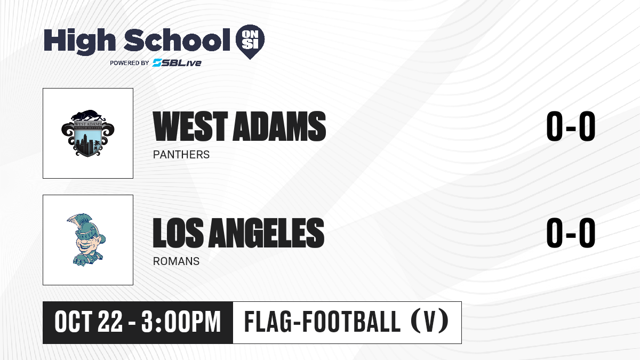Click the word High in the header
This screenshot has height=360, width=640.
79,42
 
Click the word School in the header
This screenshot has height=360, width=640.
177,40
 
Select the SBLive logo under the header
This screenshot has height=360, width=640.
177,62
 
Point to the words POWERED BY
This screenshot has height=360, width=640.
130,63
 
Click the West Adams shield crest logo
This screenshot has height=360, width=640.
87,133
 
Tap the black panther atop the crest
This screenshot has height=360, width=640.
87,115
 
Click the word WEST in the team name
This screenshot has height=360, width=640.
190,126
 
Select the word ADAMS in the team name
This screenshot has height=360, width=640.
279,126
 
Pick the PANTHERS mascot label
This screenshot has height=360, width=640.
181,155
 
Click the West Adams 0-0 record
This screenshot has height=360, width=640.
571,126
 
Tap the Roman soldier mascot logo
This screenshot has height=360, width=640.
86,239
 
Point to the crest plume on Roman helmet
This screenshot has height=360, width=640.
77,223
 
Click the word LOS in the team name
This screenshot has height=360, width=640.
178,233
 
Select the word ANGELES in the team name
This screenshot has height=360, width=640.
266,233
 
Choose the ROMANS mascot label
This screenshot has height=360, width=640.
176,261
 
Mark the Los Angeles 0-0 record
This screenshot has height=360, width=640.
571,233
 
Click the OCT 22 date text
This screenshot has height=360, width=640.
89,322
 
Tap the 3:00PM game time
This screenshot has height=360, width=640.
181,322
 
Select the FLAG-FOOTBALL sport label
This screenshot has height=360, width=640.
323,322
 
